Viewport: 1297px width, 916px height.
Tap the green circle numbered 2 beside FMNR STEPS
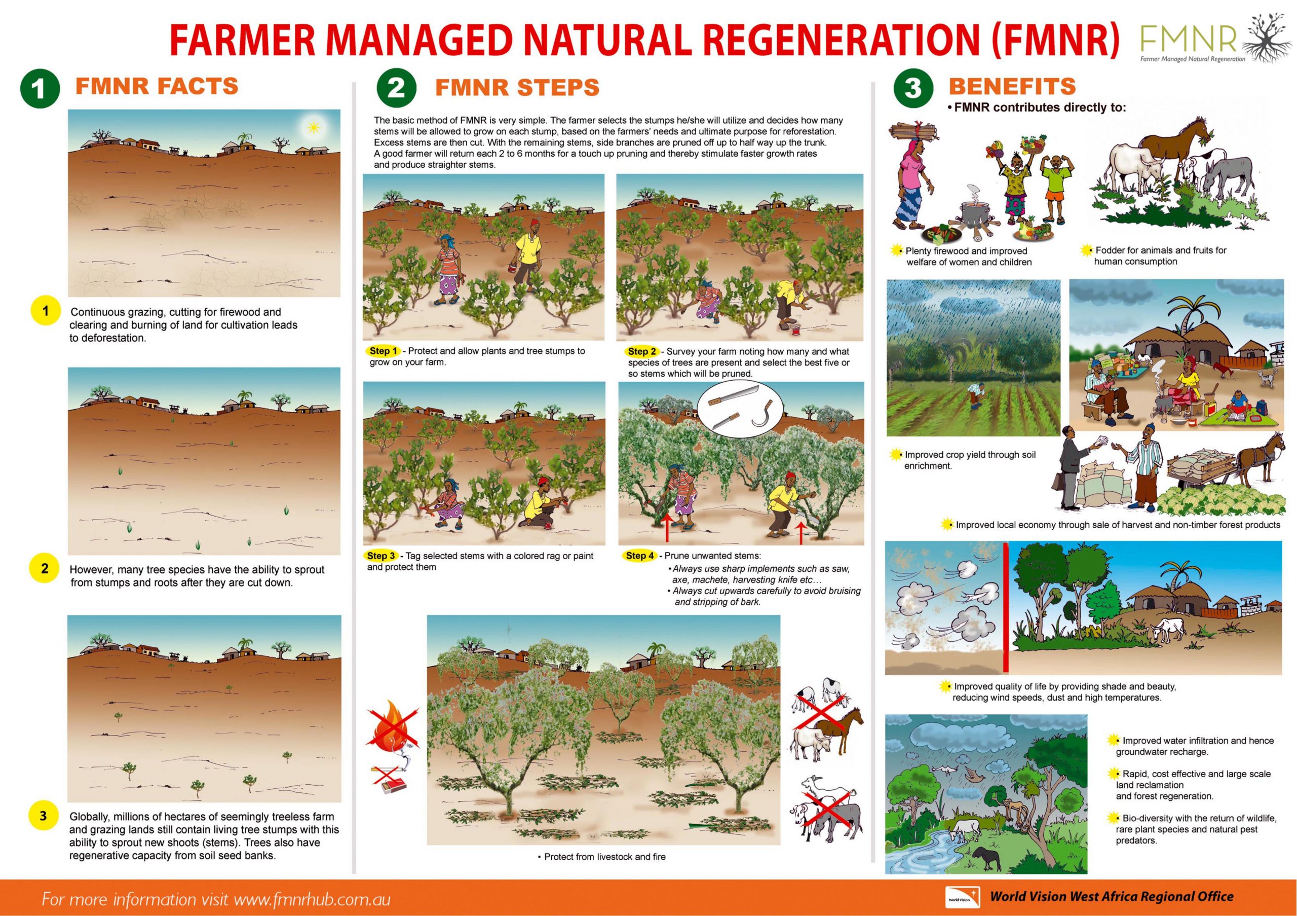click(396, 88)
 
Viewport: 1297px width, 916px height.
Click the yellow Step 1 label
click(383, 351)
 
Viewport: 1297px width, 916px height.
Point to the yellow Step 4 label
click(639, 556)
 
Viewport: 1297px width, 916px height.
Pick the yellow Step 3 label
click(382, 556)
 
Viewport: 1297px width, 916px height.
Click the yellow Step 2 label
click(642, 351)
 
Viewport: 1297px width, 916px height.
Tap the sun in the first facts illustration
click(313, 128)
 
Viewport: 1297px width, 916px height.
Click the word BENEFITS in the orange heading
click(1012, 86)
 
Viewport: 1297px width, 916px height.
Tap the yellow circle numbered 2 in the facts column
click(45, 568)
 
